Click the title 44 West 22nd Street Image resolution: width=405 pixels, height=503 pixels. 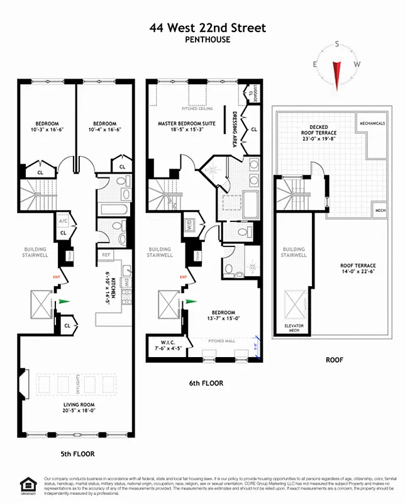208,28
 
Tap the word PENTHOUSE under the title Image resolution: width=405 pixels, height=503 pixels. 208,40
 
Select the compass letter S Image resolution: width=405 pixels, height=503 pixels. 338,44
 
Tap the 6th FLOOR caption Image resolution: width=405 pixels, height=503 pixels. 205,383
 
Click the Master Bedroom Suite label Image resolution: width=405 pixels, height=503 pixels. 186,124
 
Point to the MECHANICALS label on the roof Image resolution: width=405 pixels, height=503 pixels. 372,123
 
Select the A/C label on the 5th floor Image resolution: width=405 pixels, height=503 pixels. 63,221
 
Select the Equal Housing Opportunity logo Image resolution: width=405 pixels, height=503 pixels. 28,485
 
